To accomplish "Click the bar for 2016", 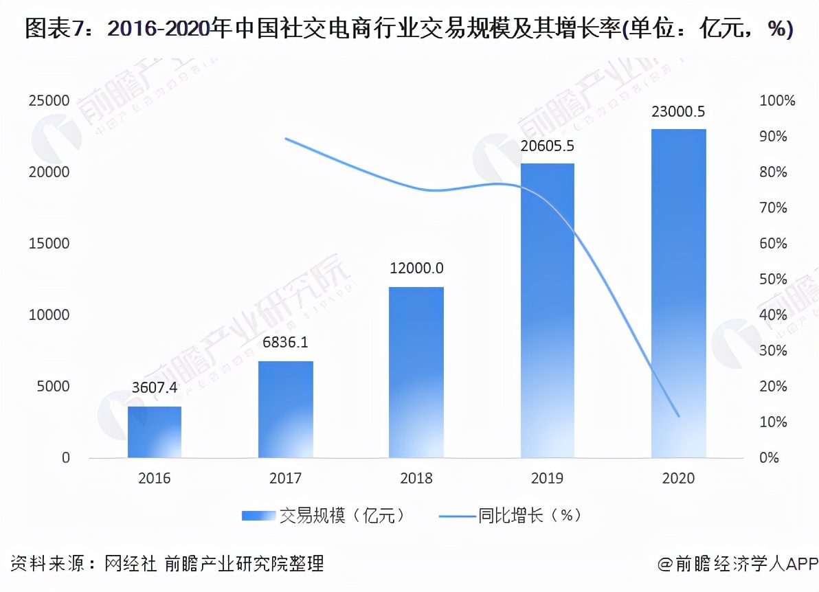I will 155,432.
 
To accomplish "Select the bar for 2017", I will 286,409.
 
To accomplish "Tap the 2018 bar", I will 416,372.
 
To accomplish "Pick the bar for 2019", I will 547,310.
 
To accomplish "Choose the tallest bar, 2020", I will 678,293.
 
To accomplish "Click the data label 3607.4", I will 155,388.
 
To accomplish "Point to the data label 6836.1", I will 286,342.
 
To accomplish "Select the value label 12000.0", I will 416,269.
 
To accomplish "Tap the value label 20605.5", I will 547,146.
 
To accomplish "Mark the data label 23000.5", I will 678,112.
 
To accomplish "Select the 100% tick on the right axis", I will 777,101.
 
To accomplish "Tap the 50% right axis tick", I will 773,280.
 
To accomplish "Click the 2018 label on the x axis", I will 416,479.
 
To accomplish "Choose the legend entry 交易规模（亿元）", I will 323,515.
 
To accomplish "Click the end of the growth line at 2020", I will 678,416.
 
